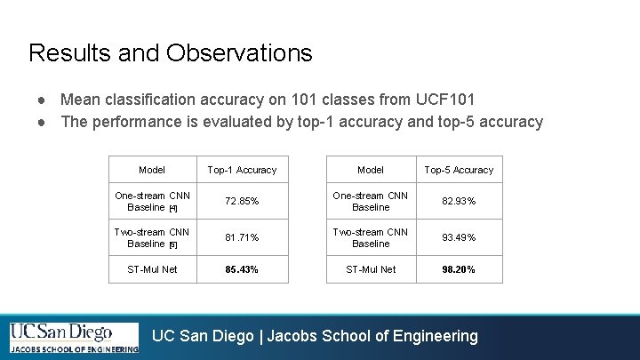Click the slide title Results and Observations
tap(170, 53)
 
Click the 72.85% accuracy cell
tap(242, 202)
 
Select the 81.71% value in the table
tap(242, 237)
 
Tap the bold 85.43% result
tap(242, 269)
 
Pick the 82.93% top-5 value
tap(459, 202)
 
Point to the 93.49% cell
tap(459, 237)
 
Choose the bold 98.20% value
tap(459, 269)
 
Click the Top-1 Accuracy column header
tap(242, 170)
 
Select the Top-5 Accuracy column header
tap(459, 170)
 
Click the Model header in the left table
tap(152, 170)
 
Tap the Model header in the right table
tap(371, 170)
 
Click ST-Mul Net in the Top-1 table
tap(152, 269)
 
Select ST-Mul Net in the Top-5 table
tap(371, 269)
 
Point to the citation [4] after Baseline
tap(173, 209)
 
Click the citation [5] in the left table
tap(173, 244)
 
